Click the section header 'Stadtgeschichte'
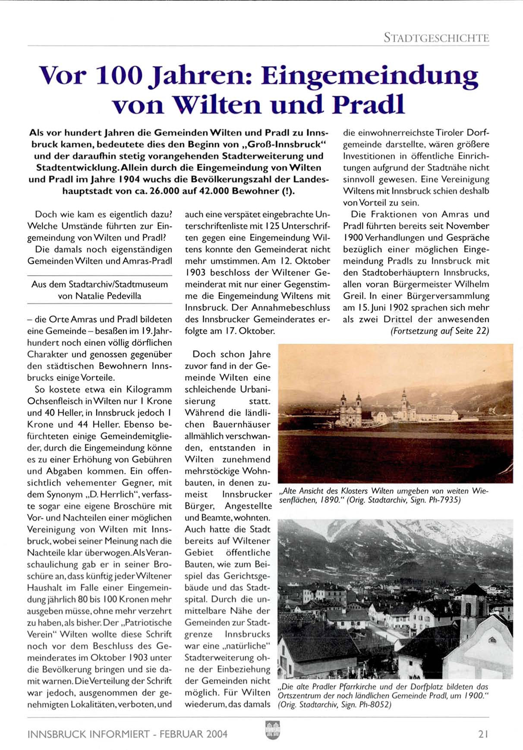[x=436, y=38]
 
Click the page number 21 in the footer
[x=483, y=734]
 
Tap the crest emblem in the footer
[x=272, y=730]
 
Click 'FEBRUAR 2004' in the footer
[x=194, y=734]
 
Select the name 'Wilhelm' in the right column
[x=472, y=284]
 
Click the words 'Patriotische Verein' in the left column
[x=99, y=628]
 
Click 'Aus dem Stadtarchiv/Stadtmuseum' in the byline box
[x=100, y=284]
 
